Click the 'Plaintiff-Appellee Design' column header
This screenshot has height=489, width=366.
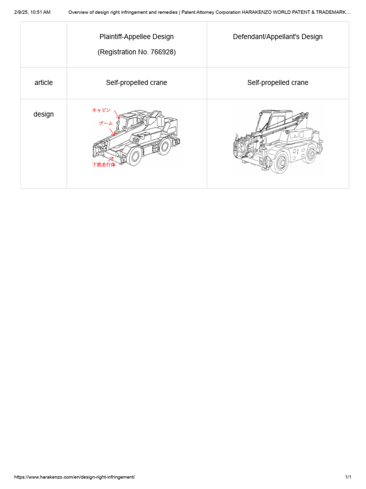pos(137,37)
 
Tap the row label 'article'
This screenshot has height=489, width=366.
pos(43,83)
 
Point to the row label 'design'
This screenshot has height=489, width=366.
pos(43,114)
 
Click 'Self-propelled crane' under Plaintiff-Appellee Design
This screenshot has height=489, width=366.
pos(137,83)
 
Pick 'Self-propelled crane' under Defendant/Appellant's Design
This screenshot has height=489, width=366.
pos(278,83)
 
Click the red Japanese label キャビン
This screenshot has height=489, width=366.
pos(102,110)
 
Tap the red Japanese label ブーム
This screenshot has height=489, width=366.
pos(105,123)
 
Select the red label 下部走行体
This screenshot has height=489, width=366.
pos(103,165)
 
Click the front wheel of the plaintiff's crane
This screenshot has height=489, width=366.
pos(135,156)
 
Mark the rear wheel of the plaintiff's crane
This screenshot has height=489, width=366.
pos(165,146)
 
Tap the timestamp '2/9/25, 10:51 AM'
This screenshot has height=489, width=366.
pos(32,12)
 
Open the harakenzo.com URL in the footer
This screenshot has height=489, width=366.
pos(74,477)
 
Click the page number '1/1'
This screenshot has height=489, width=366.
pos(348,477)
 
